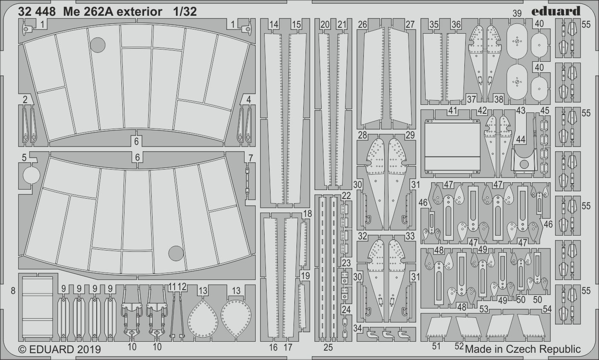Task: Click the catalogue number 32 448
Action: tap(37, 12)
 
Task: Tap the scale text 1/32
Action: tap(185, 12)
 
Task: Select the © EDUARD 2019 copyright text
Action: tap(60, 349)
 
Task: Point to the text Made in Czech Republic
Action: tap(523, 349)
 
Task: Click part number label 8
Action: tap(13, 291)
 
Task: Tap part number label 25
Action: tap(328, 347)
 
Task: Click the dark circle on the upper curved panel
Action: tap(98, 44)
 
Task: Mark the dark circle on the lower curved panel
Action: tap(176, 253)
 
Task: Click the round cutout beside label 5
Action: tap(31, 175)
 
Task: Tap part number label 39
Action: tap(517, 14)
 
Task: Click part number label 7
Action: tap(251, 158)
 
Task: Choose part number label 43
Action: tap(520, 110)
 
